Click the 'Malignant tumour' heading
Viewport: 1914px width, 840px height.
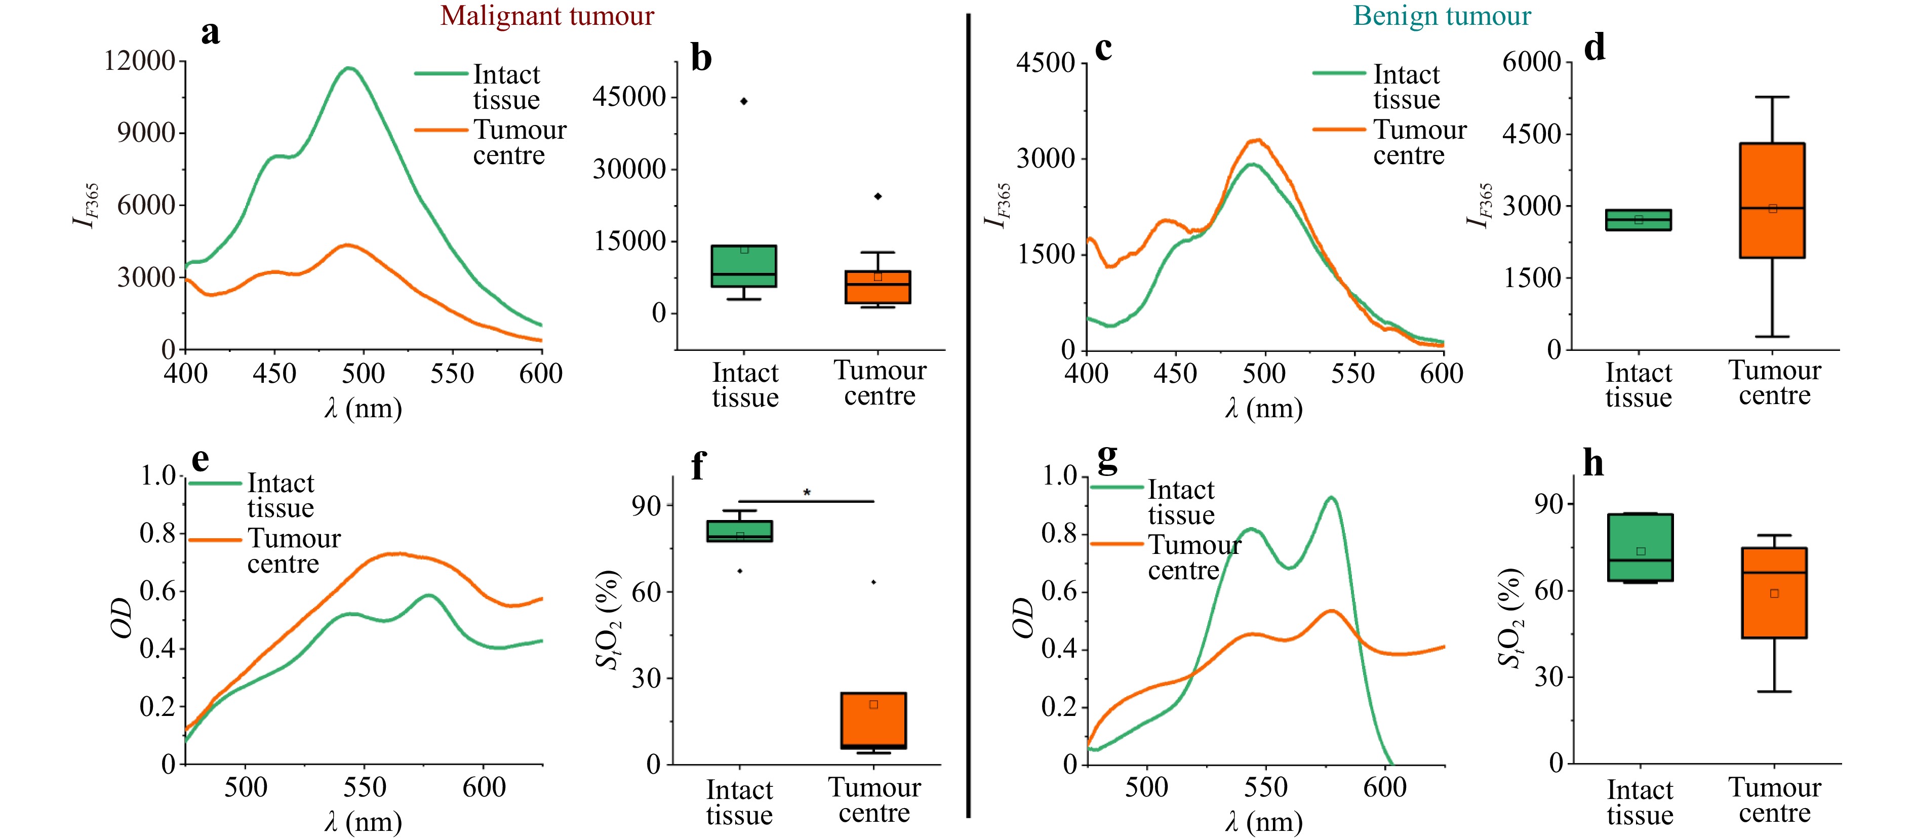click(x=547, y=16)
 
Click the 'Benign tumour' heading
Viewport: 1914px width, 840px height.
click(x=1442, y=16)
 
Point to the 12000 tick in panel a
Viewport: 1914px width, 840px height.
click(x=140, y=61)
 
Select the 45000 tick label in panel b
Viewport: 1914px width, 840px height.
click(x=628, y=97)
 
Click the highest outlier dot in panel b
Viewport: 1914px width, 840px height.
click(x=744, y=101)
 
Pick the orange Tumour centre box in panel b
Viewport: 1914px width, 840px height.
click(x=878, y=287)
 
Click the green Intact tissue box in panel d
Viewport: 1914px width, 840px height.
click(x=1639, y=220)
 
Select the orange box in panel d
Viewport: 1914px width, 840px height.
click(x=1772, y=201)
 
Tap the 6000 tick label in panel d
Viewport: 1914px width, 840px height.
click(x=1531, y=62)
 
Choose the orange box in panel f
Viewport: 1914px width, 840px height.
click(x=873, y=721)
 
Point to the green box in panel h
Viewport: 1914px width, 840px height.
click(x=1640, y=547)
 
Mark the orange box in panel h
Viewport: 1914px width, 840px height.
click(x=1774, y=593)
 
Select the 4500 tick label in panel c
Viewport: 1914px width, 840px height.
click(x=1046, y=62)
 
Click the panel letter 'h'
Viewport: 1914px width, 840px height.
click(x=1593, y=463)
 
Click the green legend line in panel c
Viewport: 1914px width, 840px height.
click(x=1338, y=73)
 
